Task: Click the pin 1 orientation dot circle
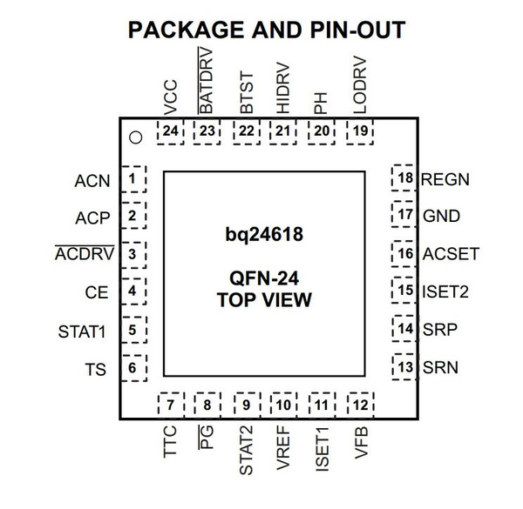[x=135, y=137]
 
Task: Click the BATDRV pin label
[x=207, y=80]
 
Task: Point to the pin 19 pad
[x=360, y=131]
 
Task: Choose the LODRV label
[x=361, y=84]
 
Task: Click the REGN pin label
[x=445, y=181]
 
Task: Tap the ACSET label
[x=451, y=254]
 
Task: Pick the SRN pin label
[x=439, y=368]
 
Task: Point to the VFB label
[x=361, y=442]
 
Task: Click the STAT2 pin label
[x=246, y=450]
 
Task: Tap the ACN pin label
[x=92, y=181]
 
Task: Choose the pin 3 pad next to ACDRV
[x=132, y=254]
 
